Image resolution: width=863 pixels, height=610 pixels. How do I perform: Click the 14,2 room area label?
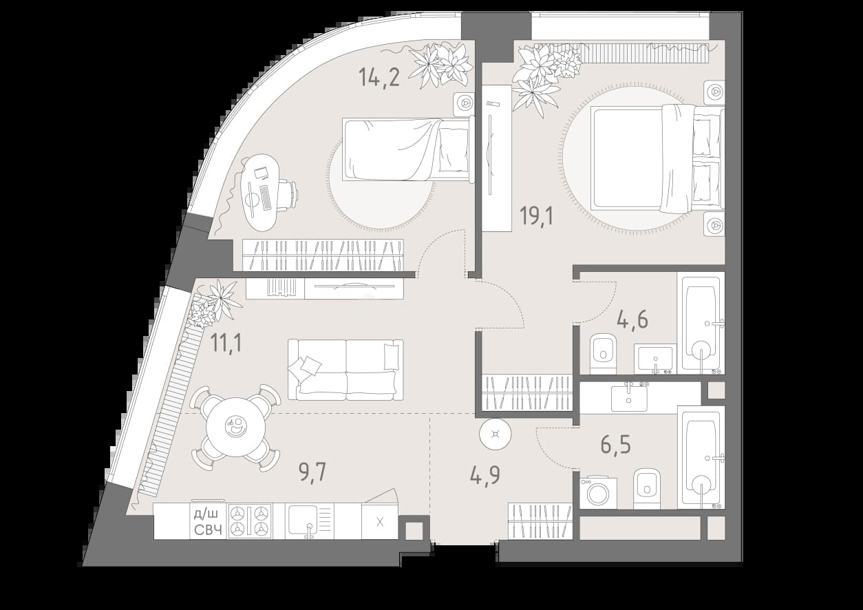(379, 77)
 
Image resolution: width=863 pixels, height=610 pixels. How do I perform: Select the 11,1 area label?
(226, 343)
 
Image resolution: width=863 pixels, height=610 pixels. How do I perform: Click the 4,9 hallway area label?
(485, 474)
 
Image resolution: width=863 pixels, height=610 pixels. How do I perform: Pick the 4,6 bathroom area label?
(632, 319)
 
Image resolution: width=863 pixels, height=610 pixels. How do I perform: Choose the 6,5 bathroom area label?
(615, 444)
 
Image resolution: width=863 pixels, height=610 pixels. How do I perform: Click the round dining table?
(236, 428)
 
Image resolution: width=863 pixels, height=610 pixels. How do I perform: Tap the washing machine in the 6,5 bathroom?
(598, 493)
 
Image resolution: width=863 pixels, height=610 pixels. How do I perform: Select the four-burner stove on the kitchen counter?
(250, 520)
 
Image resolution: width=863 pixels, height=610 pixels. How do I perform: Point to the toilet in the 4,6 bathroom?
(603, 354)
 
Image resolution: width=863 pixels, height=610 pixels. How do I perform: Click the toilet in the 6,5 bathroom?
(647, 489)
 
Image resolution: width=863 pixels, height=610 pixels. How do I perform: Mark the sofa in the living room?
(345, 370)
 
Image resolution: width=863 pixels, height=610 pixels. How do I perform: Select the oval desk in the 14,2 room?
(260, 193)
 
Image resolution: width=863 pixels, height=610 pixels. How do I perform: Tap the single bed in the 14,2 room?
(408, 149)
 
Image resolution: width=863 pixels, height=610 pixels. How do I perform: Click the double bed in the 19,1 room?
(657, 158)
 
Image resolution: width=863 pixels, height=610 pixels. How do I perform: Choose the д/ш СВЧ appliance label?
(209, 522)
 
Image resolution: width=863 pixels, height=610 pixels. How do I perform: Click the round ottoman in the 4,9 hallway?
(496, 434)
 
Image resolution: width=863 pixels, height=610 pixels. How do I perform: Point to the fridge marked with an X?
(379, 521)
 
